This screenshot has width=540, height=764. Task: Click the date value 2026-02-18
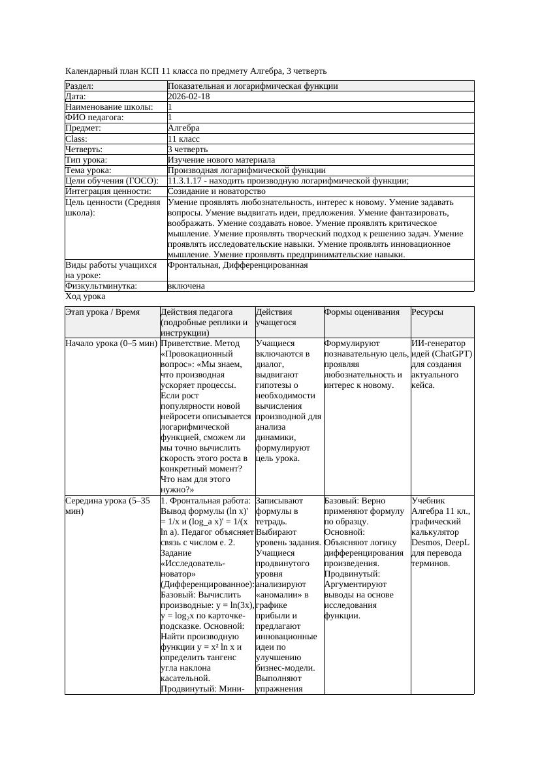pyautogui.click(x=189, y=96)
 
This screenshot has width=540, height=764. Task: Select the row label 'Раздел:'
pyautogui.click(x=80, y=86)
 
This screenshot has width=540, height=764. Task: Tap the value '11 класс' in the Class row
pyautogui.click(x=183, y=138)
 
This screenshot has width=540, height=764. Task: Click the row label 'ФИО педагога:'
pyautogui.click(x=95, y=118)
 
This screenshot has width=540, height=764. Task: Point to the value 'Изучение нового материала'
pyautogui.click(x=221, y=159)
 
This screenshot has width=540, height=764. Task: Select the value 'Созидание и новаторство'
pyautogui.click(x=216, y=191)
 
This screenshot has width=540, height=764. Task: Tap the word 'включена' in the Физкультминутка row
pyautogui.click(x=186, y=286)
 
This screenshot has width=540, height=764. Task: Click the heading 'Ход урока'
pyautogui.click(x=85, y=296)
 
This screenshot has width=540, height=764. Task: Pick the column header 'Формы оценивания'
pyautogui.click(x=362, y=312)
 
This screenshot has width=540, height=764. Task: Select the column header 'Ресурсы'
pyautogui.click(x=428, y=312)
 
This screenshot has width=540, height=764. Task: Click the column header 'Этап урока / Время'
pyautogui.click(x=103, y=312)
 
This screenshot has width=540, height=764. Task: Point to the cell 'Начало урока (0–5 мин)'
pyautogui.click(x=111, y=343)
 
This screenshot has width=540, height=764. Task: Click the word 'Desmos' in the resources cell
pyautogui.click(x=426, y=543)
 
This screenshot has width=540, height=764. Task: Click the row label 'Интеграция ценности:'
pyautogui.click(x=108, y=191)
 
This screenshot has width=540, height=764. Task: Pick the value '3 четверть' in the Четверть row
pyautogui.click(x=187, y=149)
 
